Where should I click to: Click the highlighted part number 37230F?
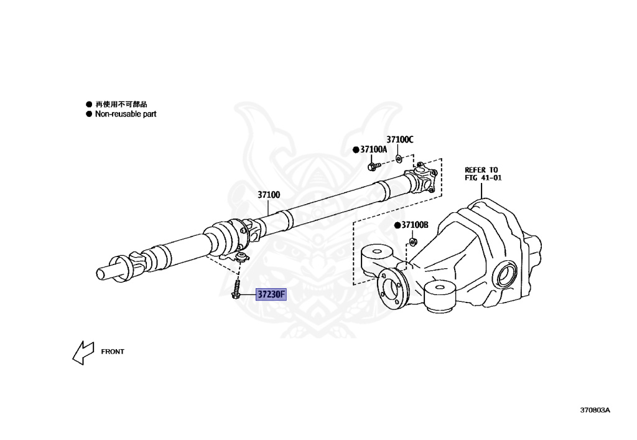coord(271,294)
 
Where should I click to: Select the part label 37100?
coord(269,195)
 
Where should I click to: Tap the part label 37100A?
coord(373,149)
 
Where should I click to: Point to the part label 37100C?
coord(399,139)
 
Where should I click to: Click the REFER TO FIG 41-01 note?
coord(482,174)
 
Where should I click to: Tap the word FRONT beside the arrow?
coord(113,352)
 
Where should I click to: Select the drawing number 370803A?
coord(595,410)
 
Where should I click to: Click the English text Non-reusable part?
coord(126,115)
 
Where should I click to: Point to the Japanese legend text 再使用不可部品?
coord(121,105)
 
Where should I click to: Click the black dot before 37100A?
coord(356,150)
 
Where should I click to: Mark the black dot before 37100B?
coord(396,225)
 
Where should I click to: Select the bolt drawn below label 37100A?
coord(373,166)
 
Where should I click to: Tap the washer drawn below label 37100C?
coord(399,158)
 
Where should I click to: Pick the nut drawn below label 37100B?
coord(411,241)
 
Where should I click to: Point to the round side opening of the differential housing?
coord(508,274)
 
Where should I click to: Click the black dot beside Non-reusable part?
coord(88,115)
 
